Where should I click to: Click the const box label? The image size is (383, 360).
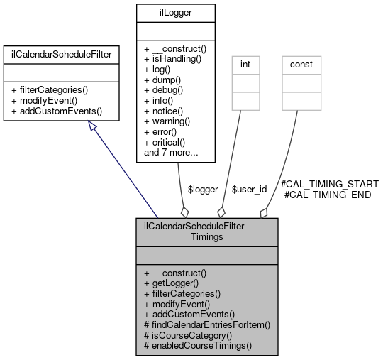click(302, 64)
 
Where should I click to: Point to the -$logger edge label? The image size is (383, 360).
click(201, 190)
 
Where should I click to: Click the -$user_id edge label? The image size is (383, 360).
click(249, 190)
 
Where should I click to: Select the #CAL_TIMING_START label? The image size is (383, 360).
click(329, 183)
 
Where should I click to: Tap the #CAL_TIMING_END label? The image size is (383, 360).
click(327, 194)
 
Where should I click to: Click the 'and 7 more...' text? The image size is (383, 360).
click(171, 152)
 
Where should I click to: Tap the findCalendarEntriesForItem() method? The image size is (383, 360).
click(206, 324)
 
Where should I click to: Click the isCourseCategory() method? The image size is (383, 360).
click(187, 334)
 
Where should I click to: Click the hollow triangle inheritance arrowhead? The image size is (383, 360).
click(94, 126)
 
